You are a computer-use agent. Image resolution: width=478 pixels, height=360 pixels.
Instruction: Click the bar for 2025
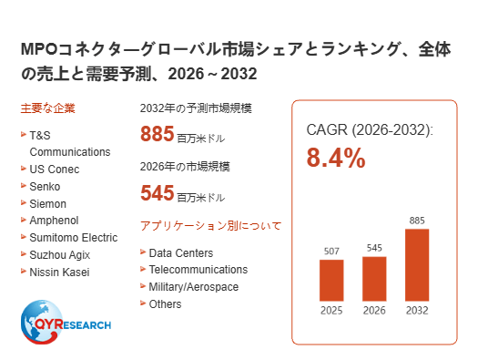tap(331, 281)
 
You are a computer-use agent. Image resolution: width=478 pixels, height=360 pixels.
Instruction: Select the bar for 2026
tap(374, 279)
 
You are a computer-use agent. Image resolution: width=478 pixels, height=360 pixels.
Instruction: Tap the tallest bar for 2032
tap(417, 265)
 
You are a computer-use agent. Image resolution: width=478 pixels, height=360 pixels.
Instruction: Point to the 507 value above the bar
tap(331, 251)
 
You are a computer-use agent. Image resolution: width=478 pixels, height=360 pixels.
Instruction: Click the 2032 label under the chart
tap(417, 311)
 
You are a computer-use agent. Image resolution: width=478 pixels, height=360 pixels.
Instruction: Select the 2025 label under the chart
tap(331, 311)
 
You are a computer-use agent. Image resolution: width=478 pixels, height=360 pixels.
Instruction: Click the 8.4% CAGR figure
tap(336, 158)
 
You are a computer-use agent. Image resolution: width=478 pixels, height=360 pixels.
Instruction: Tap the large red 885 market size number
tap(157, 134)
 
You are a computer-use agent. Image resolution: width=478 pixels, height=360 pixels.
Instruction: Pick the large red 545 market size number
tap(157, 193)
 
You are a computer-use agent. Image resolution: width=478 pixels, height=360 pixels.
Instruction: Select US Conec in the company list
tap(55, 170)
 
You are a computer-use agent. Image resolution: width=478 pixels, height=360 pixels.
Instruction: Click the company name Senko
tap(45, 187)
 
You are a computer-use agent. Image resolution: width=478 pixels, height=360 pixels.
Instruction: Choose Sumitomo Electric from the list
tap(74, 238)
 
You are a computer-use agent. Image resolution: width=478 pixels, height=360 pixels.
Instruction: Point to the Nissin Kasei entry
tap(59, 273)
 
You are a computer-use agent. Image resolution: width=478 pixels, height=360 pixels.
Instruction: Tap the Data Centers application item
tap(181, 253)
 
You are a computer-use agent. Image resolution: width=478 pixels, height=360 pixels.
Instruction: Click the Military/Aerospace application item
tap(194, 287)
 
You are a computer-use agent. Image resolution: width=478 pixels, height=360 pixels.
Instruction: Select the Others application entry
tap(165, 304)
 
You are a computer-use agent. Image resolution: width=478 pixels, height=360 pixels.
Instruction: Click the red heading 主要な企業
tap(48, 108)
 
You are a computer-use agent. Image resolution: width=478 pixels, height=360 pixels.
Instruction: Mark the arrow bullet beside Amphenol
tap(24, 220)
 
